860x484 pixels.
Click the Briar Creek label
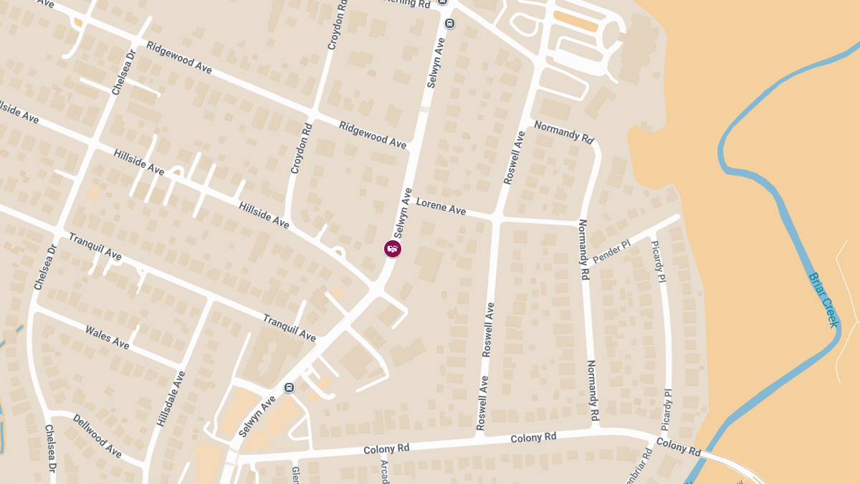click(x=823, y=299)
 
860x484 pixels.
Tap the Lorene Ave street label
click(x=441, y=207)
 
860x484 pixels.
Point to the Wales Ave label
click(x=107, y=337)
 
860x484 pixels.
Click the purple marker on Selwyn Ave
click(x=393, y=249)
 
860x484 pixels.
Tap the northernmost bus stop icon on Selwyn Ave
click(x=449, y=22)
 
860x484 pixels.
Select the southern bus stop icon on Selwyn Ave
click(x=289, y=388)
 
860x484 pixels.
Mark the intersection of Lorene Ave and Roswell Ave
click(x=495, y=216)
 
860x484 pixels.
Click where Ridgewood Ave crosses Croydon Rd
click(x=312, y=115)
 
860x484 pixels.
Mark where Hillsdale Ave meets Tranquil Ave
click(x=209, y=300)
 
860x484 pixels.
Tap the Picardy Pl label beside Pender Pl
click(x=658, y=261)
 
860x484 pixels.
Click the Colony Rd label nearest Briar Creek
click(x=678, y=447)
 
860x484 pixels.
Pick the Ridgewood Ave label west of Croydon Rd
click(x=179, y=57)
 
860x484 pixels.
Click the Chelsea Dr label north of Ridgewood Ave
click(x=123, y=72)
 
